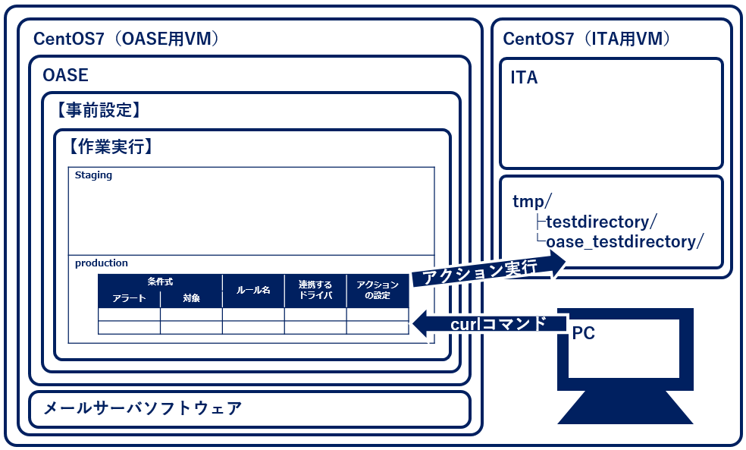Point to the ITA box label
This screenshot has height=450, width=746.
click(x=524, y=77)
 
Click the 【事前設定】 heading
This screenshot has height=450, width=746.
click(x=99, y=111)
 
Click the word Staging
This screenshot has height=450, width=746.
click(x=93, y=175)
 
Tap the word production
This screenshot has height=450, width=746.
click(x=102, y=263)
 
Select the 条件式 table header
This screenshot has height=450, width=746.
click(x=160, y=282)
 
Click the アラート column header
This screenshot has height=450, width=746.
click(x=129, y=298)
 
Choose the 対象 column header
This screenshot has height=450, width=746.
click(x=191, y=298)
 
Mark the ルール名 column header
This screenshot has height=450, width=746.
click(x=253, y=290)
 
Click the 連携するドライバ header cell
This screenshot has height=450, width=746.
click(x=315, y=290)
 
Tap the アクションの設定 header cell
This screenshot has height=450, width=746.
click(x=378, y=290)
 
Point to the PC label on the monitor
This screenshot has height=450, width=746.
click(x=584, y=333)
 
